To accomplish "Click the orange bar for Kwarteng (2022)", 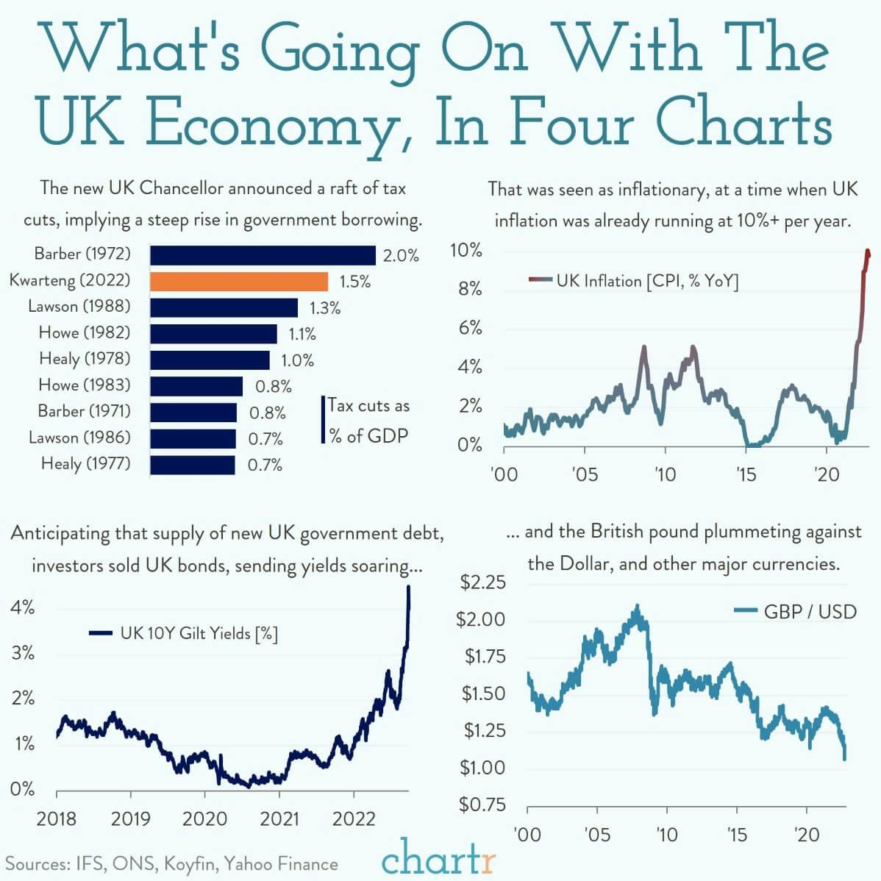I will [239, 281].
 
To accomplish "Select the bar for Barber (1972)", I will [263, 254].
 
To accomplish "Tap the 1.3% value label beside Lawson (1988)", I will [324, 308].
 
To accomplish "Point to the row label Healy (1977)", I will [85, 463].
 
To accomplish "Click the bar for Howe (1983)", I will [196, 386].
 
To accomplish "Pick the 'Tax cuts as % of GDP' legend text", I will [368, 421].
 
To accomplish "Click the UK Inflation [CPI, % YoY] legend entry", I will [646, 280].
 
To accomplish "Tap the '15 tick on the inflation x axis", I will [746, 474].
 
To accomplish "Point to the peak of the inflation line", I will [868, 252].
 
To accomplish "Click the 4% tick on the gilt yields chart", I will [22, 607].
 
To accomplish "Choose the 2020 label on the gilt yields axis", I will [204, 818].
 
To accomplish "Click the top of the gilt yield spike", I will [408, 587].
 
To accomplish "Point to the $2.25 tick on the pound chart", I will [482, 583].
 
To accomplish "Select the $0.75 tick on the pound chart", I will [482, 805].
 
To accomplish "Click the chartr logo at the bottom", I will [439, 860].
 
